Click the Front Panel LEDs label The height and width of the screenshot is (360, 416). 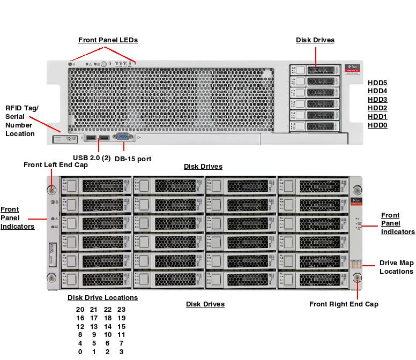(x=108, y=40)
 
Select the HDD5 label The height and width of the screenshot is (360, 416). (x=377, y=83)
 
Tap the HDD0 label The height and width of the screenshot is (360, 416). (x=377, y=125)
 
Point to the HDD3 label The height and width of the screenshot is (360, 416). (x=377, y=100)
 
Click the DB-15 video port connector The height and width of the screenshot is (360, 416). (x=122, y=138)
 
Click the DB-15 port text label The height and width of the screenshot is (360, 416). (x=133, y=159)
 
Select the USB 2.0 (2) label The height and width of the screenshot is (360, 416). (x=92, y=157)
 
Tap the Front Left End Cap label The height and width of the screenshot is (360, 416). (x=56, y=165)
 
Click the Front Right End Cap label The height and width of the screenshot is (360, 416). (x=344, y=304)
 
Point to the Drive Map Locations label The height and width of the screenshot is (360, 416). (x=397, y=267)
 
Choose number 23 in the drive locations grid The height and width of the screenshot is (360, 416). (x=121, y=310)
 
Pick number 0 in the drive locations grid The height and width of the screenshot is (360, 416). (x=80, y=352)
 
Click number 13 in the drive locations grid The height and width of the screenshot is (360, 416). (x=94, y=327)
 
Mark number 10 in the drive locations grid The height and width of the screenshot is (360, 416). (x=107, y=335)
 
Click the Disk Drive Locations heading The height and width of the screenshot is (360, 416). (x=102, y=298)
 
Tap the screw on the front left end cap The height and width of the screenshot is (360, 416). (x=51, y=189)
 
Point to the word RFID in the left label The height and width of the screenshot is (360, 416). (x=14, y=108)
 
